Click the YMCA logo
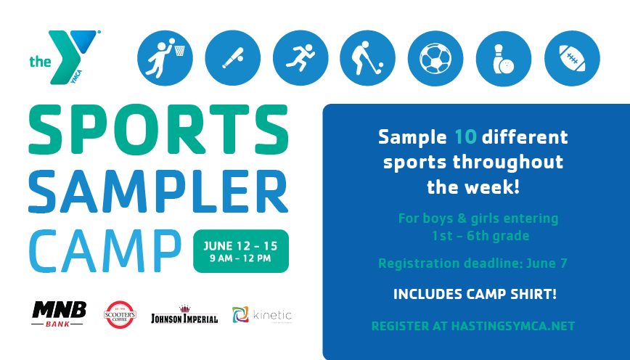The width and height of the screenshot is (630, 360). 65,57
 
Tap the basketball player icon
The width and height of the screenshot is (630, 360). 165,58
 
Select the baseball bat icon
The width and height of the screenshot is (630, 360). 233,58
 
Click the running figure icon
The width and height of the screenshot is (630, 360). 300,58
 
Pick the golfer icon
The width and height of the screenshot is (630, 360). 368,58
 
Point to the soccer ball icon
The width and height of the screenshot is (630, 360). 435,58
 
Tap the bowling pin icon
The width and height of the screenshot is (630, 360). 504,58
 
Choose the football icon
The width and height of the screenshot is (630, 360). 572,58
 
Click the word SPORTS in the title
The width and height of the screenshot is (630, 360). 158,130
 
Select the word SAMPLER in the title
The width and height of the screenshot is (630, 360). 158,192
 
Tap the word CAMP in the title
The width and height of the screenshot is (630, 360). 105,251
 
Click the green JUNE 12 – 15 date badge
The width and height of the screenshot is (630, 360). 241,251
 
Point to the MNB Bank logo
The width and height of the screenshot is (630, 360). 59,314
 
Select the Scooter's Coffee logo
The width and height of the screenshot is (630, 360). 120,314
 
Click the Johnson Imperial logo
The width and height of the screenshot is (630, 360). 184,314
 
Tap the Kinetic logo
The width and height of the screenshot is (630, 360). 262,314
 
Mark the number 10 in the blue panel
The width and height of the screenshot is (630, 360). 465,137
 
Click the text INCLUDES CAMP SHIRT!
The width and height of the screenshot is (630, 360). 475,294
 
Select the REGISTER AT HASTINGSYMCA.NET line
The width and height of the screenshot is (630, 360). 473,326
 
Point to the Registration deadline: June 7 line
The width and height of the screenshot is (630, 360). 473,263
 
